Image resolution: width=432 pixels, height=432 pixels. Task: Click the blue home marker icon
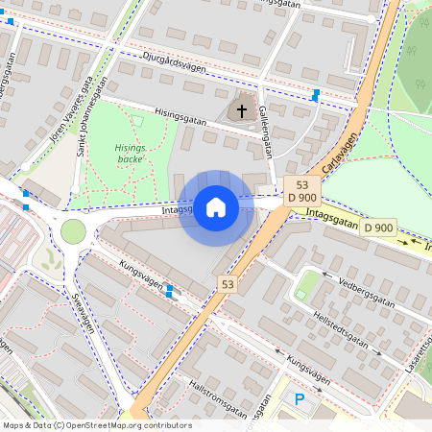216,207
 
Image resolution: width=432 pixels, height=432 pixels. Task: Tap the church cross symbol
242,110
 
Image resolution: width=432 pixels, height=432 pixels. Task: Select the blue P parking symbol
300,399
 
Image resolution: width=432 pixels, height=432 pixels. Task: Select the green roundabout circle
73,231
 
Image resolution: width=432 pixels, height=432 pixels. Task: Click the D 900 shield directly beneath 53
301,198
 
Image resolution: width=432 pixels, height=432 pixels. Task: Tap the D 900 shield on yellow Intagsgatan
378,228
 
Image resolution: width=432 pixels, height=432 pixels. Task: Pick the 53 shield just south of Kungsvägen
228,284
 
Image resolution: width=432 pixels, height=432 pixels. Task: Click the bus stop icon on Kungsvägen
170,290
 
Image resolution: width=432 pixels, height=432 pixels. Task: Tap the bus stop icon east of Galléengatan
316,94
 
